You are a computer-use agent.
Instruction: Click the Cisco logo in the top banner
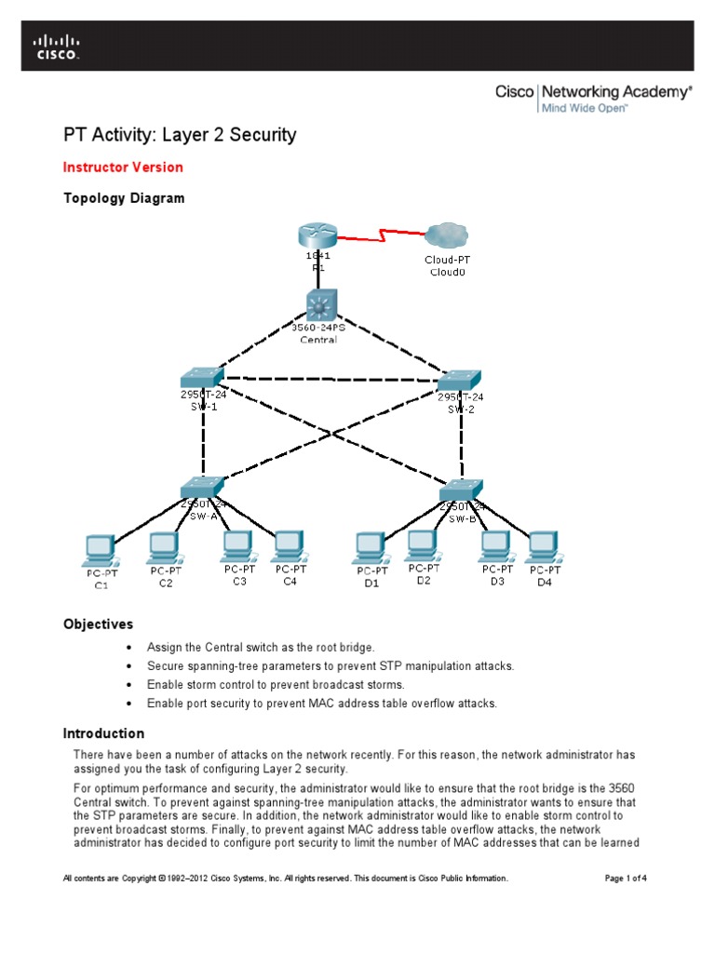click(x=57, y=47)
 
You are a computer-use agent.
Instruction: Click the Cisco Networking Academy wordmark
click(x=593, y=92)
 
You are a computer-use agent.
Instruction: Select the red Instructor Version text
click(x=123, y=168)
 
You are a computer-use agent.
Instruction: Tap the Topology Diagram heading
click(x=124, y=198)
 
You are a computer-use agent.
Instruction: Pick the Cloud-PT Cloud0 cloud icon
click(x=447, y=236)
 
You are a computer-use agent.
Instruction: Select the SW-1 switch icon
click(x=202, y=377)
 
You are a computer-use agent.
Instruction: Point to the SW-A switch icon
click(x=202, y=487)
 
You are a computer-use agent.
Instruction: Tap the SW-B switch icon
click(x=459, y=490)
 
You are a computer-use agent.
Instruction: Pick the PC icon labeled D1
click(x=371, y=547)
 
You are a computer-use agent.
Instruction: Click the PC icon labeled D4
click(x=542, y=547)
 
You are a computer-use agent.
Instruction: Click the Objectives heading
click(x=98, y=624)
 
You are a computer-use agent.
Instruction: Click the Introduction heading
click(x=103, y=733)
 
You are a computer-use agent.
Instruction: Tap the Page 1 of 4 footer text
click(x=619, y=878)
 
